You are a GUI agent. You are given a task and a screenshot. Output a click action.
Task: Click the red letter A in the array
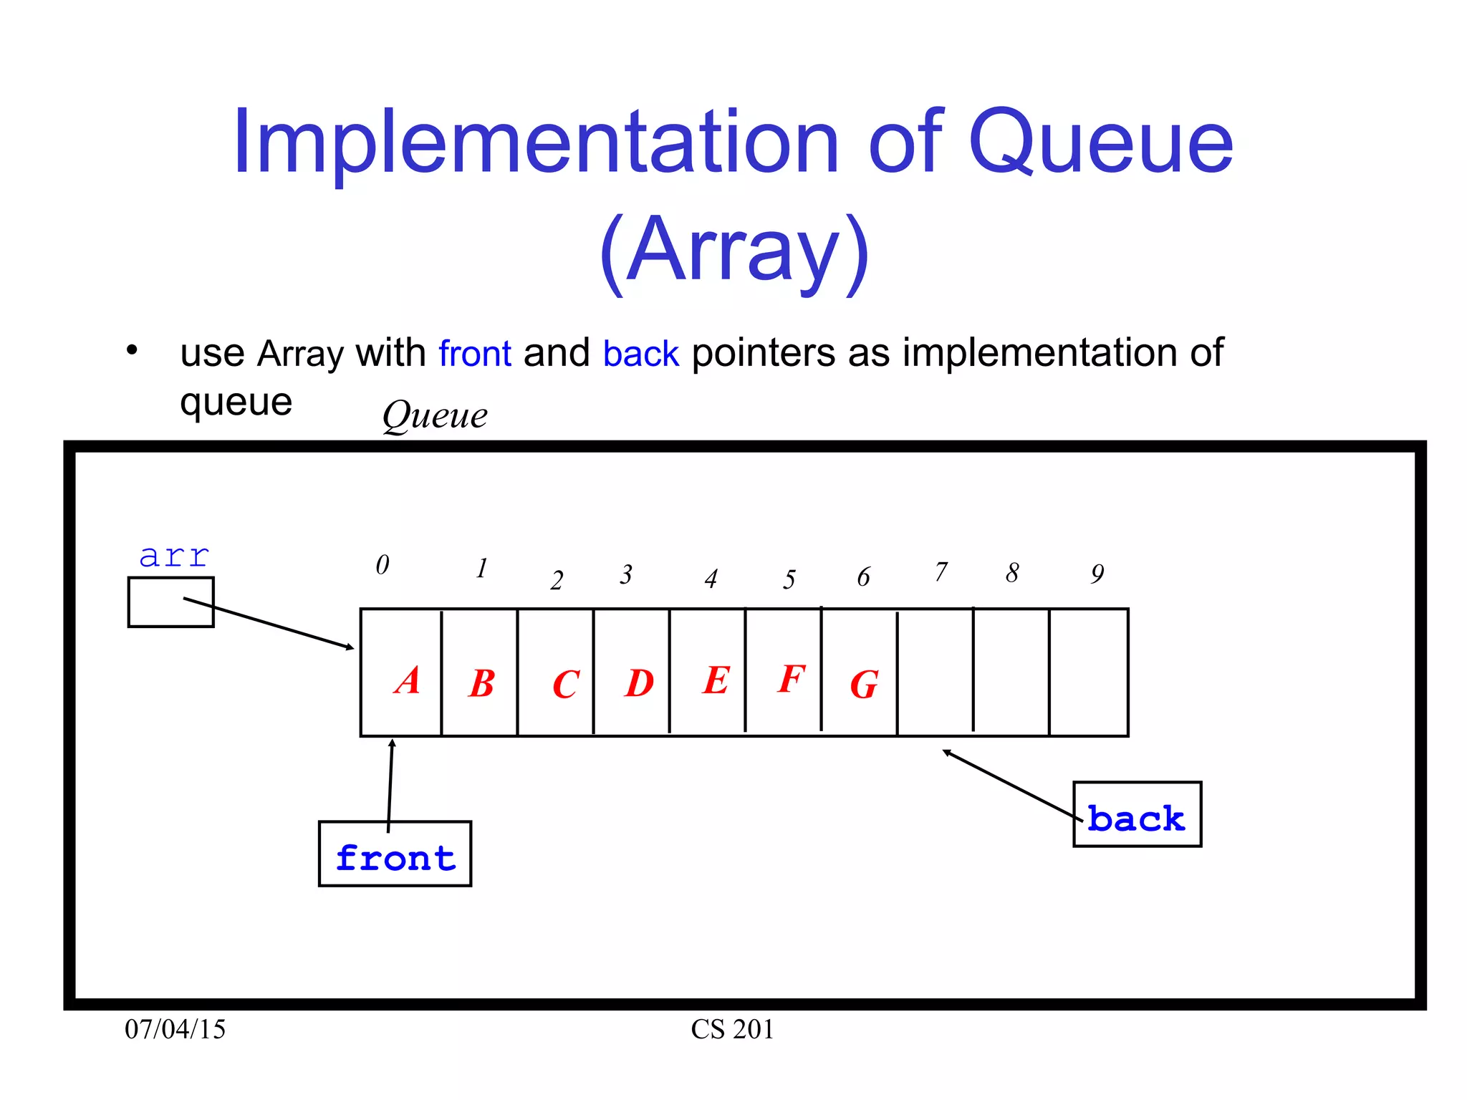pos(407,680)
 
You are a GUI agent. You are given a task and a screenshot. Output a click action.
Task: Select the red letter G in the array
pos(864,685)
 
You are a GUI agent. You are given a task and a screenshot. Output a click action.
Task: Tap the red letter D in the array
pos(639,683)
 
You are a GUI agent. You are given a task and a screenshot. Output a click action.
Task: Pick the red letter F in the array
pos(792,678)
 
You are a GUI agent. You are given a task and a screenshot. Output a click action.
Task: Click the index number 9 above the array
pos(1097,574)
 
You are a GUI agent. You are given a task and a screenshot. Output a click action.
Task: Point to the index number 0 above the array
pos(383,565)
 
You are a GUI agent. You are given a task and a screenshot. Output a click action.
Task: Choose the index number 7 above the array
pos(941,571)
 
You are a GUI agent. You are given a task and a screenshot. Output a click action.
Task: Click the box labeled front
pos(395,854)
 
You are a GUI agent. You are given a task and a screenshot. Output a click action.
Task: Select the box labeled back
pos(1137,814)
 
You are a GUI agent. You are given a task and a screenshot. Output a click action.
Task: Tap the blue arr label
pos(174,556)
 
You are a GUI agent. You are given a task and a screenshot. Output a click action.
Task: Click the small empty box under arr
pos(170,602)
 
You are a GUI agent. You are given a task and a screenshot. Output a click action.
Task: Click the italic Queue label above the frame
pos(435,415)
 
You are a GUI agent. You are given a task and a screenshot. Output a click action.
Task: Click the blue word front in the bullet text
pos(475,354)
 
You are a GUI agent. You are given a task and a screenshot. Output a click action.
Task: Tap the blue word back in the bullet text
pos(640,354)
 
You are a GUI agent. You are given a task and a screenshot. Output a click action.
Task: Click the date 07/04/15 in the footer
pos(175,1029)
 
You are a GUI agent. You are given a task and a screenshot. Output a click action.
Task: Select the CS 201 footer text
pos(732,1029)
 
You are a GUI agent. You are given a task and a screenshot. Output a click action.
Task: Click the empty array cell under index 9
pos(1088,672)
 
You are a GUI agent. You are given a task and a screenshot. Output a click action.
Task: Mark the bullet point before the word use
pos(132,351)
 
